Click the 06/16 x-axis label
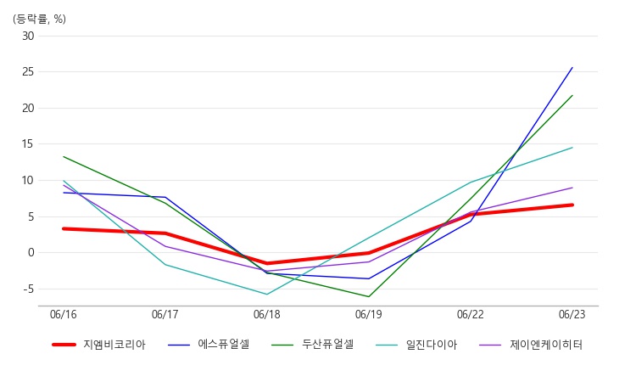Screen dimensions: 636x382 (x=64, y=314)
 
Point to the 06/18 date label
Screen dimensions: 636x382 (x=267, y=314)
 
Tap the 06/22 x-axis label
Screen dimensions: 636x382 (x=471, y=314)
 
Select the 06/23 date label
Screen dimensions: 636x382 (x=572, y=314)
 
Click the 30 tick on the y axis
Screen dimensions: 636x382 (x=28, y=37)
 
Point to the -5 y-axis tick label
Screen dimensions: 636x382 (x=29, y=289)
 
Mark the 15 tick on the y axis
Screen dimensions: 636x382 (x=28, y=144)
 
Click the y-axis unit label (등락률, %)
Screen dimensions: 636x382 (x=39, y=19)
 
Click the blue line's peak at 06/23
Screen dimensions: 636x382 (x=572, y=67)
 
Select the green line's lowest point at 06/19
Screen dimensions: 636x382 (x=369, y=297)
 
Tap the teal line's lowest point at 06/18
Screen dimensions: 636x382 (x=267, y=295)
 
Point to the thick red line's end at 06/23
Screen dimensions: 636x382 (x=572, y=205)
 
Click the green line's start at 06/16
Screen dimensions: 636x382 (x=64, y=157)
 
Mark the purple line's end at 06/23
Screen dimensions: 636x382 (x=572, y=188)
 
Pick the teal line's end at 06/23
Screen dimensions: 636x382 (x=572, y=148)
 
